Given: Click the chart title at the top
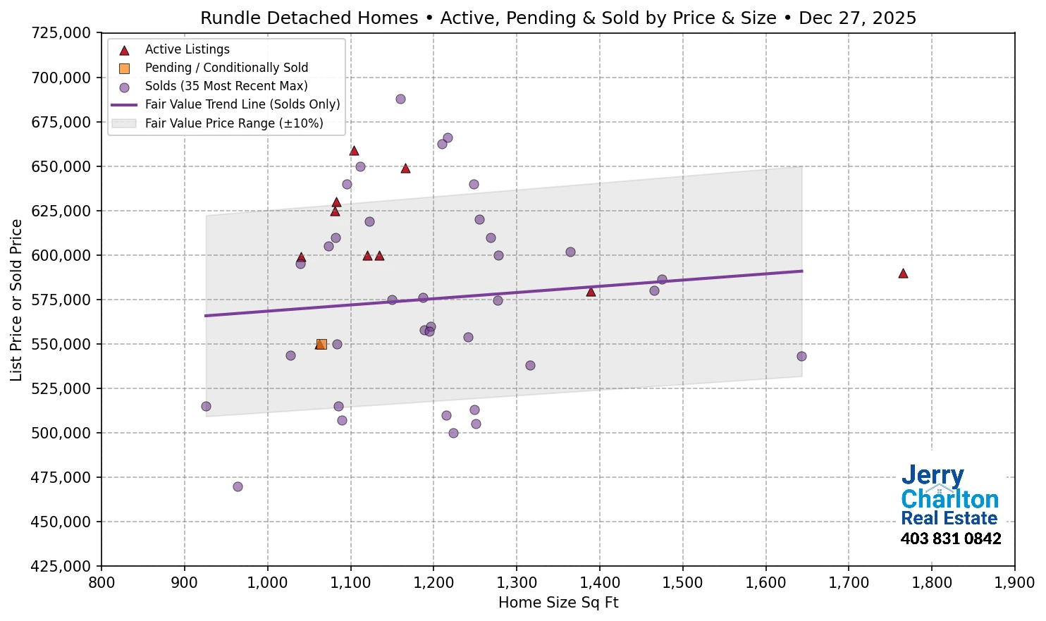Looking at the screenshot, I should [558, 18].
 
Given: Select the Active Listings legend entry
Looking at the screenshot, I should [187, 49].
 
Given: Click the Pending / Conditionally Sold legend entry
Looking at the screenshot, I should [226, 68].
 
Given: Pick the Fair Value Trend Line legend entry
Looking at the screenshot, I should [242, 104].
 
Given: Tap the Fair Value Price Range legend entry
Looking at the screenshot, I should [233, 123].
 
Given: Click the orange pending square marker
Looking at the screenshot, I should [321, 344].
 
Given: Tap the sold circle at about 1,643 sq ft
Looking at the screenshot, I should [801, 356].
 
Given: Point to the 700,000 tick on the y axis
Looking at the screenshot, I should [62, 78].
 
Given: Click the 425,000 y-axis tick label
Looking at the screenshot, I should [62, 566].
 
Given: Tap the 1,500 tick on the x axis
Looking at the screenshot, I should [683, 583].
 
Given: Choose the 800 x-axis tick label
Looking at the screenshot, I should [101, 583].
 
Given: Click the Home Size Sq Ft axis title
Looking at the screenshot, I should [558, 603].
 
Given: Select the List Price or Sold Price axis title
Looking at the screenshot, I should [16, 300].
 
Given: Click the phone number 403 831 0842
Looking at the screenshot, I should [951, 539].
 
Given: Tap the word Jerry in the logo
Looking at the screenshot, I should [933, 476].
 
